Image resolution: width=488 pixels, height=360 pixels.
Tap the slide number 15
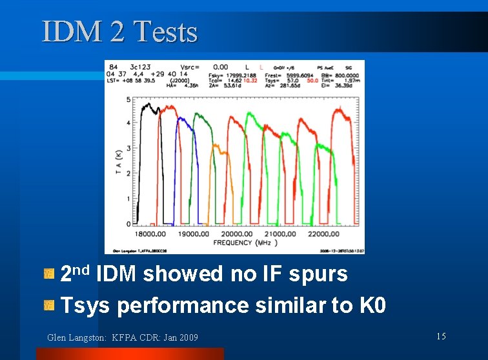point(441,336)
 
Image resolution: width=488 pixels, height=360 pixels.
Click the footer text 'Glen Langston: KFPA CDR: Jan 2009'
point(123,337)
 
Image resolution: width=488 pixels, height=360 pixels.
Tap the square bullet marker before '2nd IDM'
point(48,275)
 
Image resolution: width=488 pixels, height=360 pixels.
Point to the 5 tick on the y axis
point(128,99)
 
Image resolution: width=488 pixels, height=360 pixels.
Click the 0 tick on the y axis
point(128,224)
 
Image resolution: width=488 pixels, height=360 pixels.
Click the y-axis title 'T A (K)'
point(118,161)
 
